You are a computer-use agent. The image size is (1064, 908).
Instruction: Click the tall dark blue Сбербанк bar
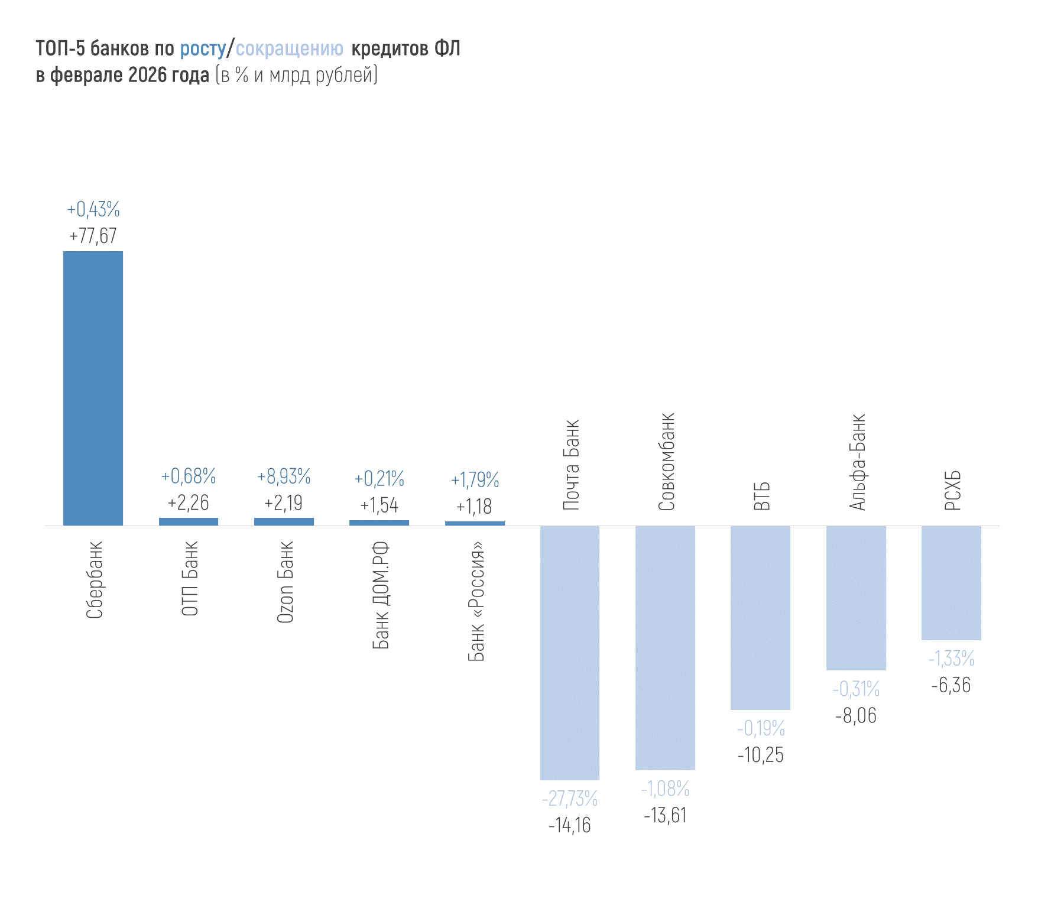[93, 388]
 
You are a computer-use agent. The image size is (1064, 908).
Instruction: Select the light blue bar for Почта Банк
[570, 653]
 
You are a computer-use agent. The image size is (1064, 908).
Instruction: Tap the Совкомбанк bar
[665, 647]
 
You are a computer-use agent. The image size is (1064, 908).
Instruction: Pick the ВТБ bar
[760, 617]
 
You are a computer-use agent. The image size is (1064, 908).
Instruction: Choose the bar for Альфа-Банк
[856, 598]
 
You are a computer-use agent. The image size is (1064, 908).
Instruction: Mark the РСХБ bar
[951, 582]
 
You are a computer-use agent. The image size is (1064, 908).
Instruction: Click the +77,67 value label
[93, 236]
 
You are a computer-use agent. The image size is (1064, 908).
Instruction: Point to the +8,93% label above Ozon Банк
[284, 476]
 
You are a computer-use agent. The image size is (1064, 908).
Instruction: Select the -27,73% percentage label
[570, 799]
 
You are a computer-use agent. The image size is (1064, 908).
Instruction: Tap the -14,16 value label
[570, 825]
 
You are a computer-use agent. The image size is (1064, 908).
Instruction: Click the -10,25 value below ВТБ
[760, 755]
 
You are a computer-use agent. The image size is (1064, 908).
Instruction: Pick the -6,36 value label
[951, 686]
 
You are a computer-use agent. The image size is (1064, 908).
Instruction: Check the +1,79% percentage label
[475, 480]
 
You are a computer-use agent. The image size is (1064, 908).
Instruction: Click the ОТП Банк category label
[190, 579]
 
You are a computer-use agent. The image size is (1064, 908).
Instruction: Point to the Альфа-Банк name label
[857, 462]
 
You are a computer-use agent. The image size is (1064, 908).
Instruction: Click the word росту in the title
[203, 48]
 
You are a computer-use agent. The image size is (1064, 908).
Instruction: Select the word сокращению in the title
[289, 48]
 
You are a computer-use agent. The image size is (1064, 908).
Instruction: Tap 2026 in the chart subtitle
[148, 76]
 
